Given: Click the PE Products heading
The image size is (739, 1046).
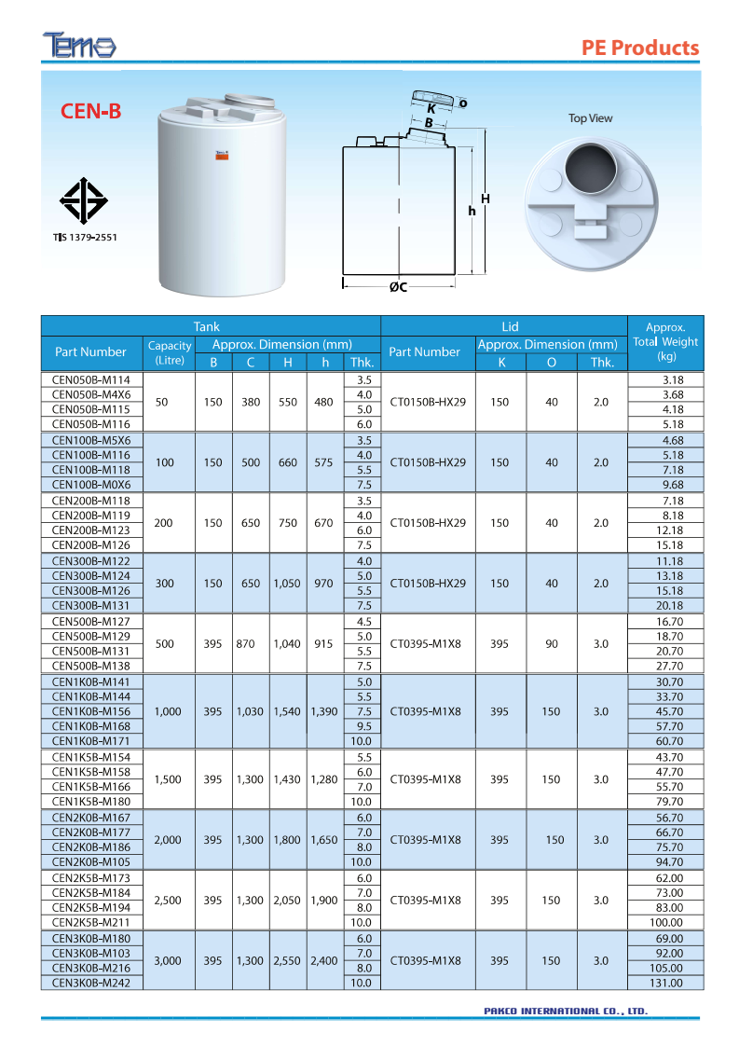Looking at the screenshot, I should coord(639,48).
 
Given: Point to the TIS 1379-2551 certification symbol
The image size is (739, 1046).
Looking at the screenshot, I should coord(85,200).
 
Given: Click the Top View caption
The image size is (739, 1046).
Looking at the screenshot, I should coord(591,118).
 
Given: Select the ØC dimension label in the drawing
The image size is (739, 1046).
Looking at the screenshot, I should coord(398,287).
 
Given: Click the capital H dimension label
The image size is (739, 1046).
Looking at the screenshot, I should coord(486,200).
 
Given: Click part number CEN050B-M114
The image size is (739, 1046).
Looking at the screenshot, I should coord(91,379).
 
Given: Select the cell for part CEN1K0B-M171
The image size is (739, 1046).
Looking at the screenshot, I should coord(91,741).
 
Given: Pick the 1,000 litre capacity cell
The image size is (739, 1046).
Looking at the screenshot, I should coord(169,711).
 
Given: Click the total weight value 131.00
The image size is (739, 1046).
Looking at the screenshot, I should coord(666,983).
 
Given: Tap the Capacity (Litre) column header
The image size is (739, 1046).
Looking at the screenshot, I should coord(169,351).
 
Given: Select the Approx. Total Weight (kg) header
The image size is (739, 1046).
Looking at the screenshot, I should coord(665,341).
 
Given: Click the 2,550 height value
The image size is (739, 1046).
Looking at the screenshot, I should coord(288,960).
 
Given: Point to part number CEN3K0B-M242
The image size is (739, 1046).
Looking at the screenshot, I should coord(91,983).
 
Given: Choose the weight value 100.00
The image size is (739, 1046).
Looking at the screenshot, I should coord(666,922).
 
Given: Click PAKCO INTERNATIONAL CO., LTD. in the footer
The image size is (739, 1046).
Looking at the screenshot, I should coord(566,1011).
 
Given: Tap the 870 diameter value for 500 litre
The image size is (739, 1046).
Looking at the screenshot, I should coord(251,643).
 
